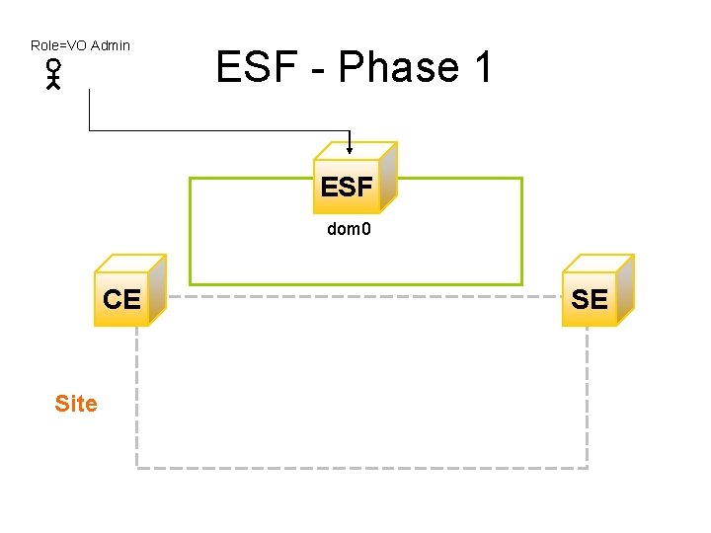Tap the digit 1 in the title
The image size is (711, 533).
pos(483,68)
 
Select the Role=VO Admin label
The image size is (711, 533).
pos(80,45)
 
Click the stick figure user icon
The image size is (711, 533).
pos(53,75)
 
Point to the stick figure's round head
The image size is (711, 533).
pos(53,66)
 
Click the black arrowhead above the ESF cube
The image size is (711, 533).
pos(350,150)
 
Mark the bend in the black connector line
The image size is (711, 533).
pos(90,130)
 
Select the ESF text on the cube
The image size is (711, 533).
pos(346,187)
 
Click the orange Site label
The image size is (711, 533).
pos(76,404)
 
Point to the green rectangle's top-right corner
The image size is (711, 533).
pos(521,179)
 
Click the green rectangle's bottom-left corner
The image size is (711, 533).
pos(190,284)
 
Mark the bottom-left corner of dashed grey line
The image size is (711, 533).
pos(136,467)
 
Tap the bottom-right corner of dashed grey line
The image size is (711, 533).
pos(587,467)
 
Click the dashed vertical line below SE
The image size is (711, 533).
pos(587,395)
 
